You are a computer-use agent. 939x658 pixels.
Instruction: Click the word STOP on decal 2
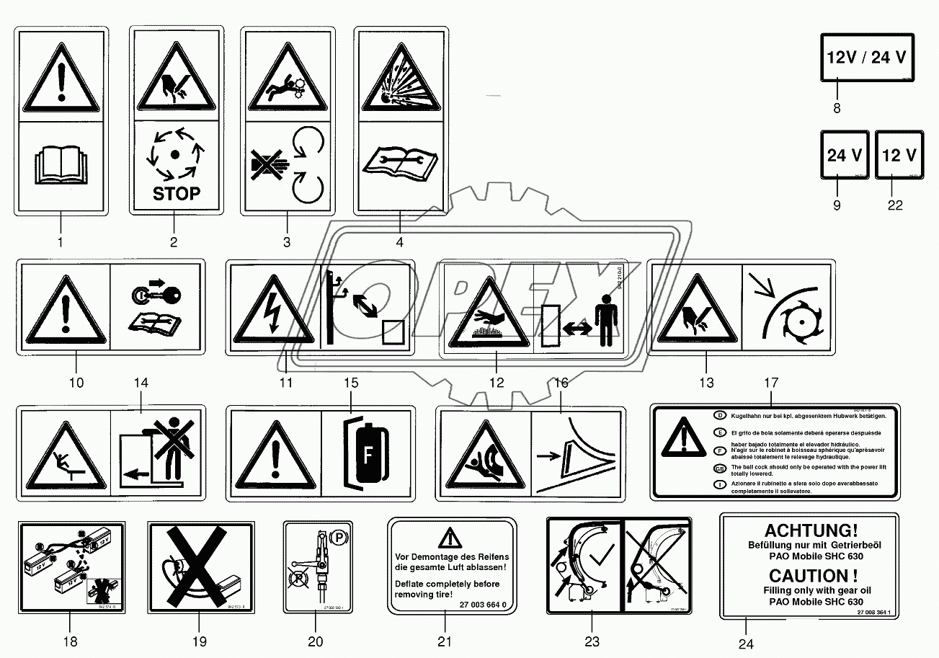tap(176, 193)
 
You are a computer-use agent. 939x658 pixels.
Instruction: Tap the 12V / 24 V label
tap(865, 58)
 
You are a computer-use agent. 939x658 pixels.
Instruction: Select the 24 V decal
tap(845, 155)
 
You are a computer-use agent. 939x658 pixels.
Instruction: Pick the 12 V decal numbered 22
tap(899, 155)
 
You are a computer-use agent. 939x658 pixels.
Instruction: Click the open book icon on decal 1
tap(61, 167)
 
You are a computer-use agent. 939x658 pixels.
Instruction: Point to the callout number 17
tap(770, 383)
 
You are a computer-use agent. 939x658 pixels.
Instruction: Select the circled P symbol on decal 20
tap(337, 536)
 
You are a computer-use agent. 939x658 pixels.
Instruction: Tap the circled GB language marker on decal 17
tap(719, 468)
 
